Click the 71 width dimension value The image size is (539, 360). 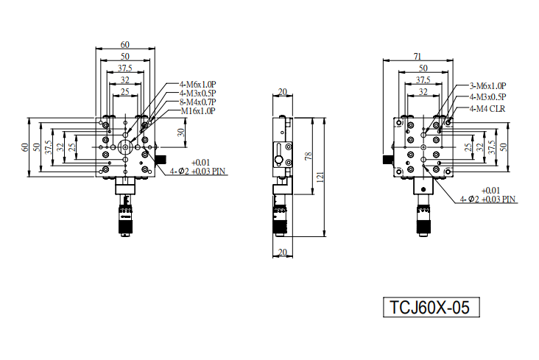pyautogui.click(x=418, y=56)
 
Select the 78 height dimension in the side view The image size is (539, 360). pyautogui.click(x=309, y=156)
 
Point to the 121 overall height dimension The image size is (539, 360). pyautogui.click(x=320, y=177)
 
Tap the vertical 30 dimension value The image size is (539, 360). pyautogui.click(x=181, y=132)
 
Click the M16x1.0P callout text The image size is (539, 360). pyautogui.click(x=198, y=111)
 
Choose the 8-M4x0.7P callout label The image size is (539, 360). pyautogui.click(x=197, y=102)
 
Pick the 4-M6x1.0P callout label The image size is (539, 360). pyautogui.click(x=197, y=84)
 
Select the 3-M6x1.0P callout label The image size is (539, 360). pyautogui.click(x=487, y=86)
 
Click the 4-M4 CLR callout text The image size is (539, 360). pyautogui.click(x=487, y=109)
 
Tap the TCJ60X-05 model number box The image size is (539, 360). pyautogui.click(x=431, y=307)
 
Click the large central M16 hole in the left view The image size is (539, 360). pyautogui.click(x=124, y=147)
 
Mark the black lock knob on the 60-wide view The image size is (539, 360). pyautogui.click(x=161, y=160)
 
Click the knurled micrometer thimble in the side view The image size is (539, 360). pyautogui.click(x=280, y=220)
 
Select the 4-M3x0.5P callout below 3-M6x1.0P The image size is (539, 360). pyautogui.click(x=487, y=97)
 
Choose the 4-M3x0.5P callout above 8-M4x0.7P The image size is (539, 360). pyautogui.click(x=197, y=93)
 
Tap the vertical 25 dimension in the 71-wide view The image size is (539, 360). pyautogui.click(x=468, y=147)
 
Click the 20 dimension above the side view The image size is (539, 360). pyautogui.click(x=283, y=92)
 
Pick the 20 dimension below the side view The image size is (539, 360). pyautogui.click(x=283, y=252)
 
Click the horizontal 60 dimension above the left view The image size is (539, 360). pyautogui.click(x=125, y=44)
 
